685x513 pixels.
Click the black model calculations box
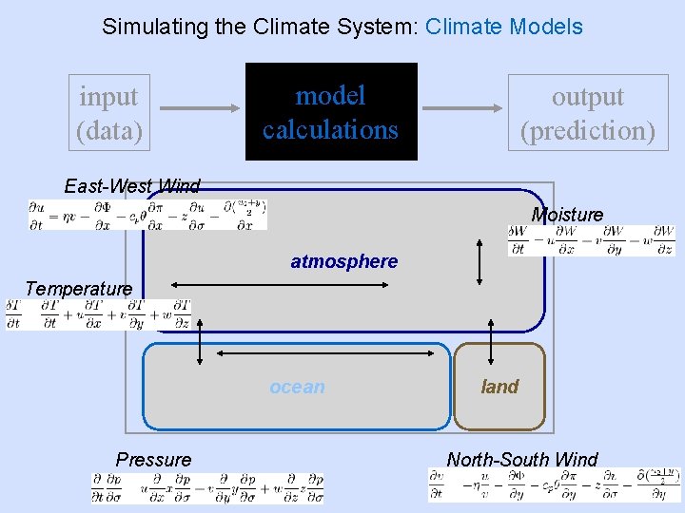tap(331, 112)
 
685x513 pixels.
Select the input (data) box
tap(108, 113)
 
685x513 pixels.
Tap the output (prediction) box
tap(588, 113)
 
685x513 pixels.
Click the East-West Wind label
tap(132, 186)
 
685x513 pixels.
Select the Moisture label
tap(567, 215)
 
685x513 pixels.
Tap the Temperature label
tap(79, 288)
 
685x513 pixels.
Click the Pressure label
tap(153, 460)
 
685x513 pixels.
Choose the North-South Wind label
tap(522, 460)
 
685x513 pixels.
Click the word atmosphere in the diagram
tap(343, 261)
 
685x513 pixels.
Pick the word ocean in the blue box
tap(297, 387)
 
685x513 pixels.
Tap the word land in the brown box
tap(499, 387)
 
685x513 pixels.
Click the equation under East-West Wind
tap(147, 215)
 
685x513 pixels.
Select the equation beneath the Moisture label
tap(591, 240)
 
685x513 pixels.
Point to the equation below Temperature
tap(98, 314)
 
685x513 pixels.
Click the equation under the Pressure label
tap(207, 488)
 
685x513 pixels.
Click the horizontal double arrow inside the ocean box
tap(333, 351)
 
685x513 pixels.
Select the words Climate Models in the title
tap(504, 27)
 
